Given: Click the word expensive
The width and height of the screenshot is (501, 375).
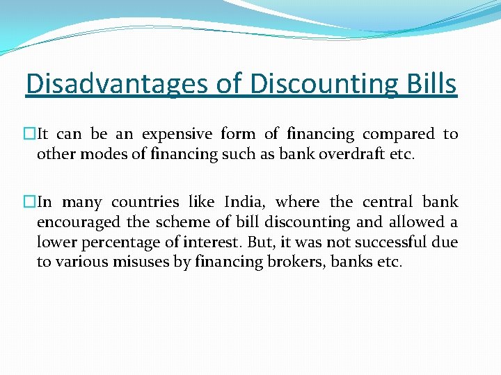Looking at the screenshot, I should coord(177,134).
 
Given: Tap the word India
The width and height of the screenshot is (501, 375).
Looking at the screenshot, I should coord(244,202).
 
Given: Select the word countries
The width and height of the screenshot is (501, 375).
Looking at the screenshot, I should coord(144,202).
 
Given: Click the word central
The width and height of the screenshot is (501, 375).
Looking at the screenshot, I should coord(389,202).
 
